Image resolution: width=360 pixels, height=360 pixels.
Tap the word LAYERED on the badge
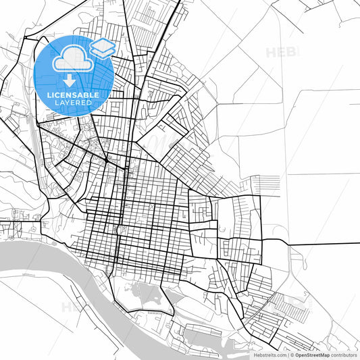(x=74, y=103)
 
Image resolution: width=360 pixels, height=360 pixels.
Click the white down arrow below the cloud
(x=70, y=80)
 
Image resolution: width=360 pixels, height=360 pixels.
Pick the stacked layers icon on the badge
(x=103, y=47)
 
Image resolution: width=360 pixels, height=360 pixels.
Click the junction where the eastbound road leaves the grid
(x=262, y=239)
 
